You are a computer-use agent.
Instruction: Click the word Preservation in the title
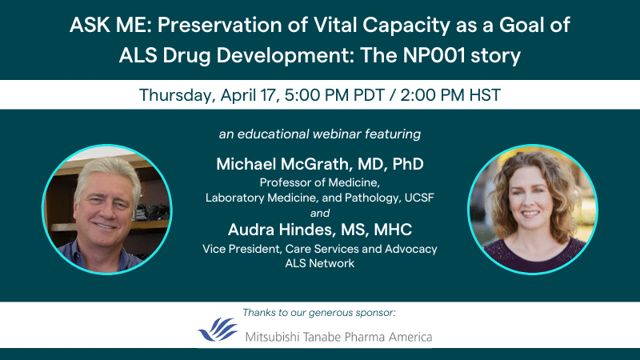click(x=219, y=26)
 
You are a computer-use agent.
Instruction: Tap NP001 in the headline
click(x=434, y=55)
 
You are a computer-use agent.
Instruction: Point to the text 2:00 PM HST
click(x=450, y=95)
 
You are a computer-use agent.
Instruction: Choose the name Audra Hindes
click(x=282, y=230)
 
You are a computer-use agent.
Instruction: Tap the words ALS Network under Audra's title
click(x=319, y=263)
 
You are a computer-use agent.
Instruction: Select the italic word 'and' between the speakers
click(x=319, y=213)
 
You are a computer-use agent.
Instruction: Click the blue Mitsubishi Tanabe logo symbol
click(x=218, y=329)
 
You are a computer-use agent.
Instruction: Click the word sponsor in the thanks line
click(x=374, y=313)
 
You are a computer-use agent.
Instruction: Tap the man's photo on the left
click(x=107, y=210)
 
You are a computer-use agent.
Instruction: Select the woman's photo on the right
click(x=533, y=210)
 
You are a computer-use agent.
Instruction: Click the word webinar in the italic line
click(x=337, y=134)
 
